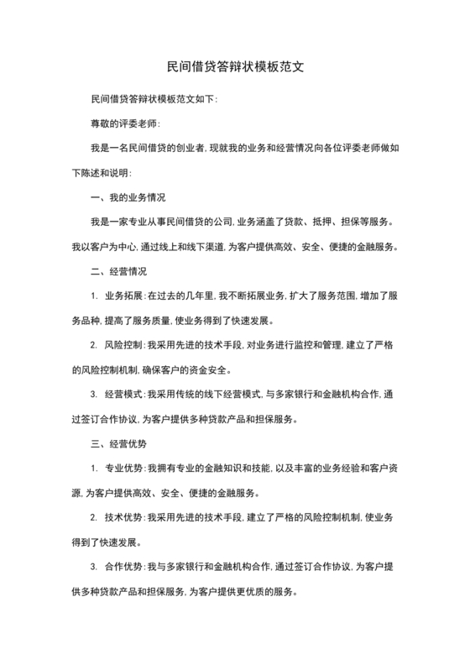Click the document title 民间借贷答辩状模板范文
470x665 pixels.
point(235,64)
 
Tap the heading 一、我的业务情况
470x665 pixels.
point(127,197)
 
